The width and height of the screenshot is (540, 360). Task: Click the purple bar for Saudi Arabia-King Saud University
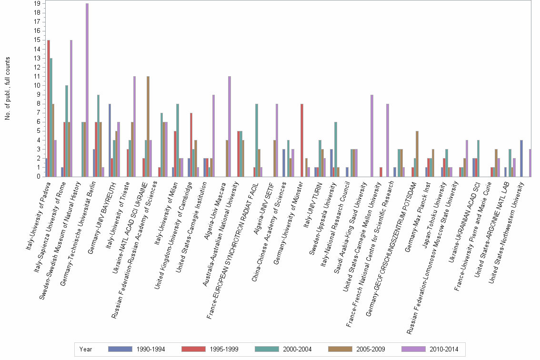pyautogui.click(x=372, y=136)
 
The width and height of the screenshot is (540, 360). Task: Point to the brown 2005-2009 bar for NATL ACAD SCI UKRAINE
pyautogui.click(x=148, y=126)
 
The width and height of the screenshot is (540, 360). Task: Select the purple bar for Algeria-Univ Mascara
pyautogui.click(x=230, y=126)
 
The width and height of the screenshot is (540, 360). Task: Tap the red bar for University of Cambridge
pyautogui.click(x=191, y=145)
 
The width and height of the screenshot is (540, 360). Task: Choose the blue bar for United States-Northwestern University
pyautogui.click(x=522, y=158)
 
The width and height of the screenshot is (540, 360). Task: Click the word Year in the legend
pyautogui.click(x=86, y=349)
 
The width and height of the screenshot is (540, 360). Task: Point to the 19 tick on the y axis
pyautogui.click(x=37, y=3)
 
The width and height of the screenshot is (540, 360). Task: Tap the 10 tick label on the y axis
pyautogui.click(x=37, y=85)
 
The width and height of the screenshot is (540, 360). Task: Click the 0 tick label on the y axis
pyautogui.click(x=39, y=177)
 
